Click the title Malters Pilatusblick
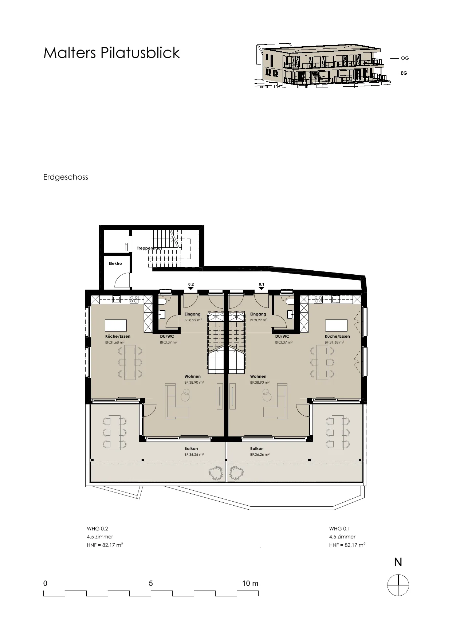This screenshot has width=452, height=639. (x=111, y=53)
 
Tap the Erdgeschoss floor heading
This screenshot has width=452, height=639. (x=66, y=177)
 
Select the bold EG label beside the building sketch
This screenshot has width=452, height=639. (x=404, y=73)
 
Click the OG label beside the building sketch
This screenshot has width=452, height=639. (x=405, y=58)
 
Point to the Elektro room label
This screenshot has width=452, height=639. (x=115, y=263)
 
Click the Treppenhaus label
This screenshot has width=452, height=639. (x=149, y=248)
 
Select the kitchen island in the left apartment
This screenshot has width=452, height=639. (x=116, y=325)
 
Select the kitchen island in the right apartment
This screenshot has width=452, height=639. (x=337, y=325)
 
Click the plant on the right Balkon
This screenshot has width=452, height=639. (x=236, y=473)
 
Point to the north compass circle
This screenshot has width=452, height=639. (x=398, y=585)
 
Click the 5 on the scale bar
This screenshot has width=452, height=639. (x=151, y=583)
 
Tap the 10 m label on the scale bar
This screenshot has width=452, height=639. (x=250, y=583)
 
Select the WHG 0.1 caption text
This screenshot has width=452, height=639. (x=340, y=529)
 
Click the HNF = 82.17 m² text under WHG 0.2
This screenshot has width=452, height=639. (x=105, y=545)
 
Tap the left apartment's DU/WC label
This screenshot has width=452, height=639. (x=167, y=337)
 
